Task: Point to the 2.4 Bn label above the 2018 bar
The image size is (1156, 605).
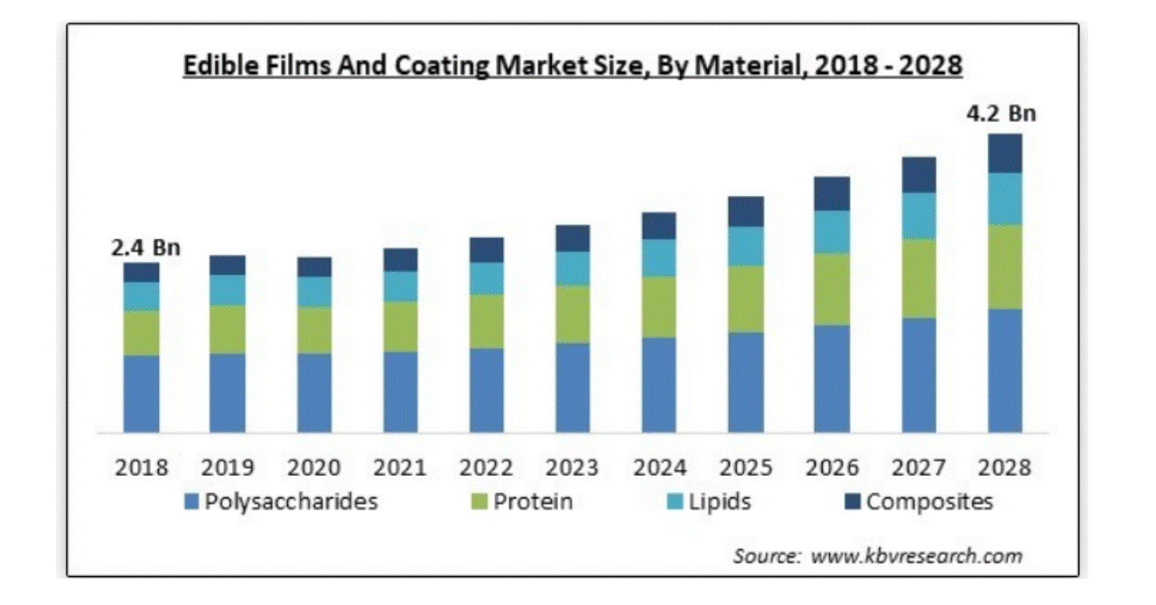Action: (145, 247)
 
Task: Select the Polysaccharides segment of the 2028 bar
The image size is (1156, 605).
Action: (1004, 370)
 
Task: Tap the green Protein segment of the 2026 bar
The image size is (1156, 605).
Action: (832, 289)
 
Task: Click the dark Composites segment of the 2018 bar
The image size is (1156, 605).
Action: (142, 272)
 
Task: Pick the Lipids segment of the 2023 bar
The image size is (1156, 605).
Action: (573, 268)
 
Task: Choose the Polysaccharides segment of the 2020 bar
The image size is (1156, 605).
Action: (314, 392)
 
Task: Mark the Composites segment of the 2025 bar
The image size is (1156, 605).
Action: (746, 211)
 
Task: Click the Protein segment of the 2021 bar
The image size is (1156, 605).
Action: (400, 326)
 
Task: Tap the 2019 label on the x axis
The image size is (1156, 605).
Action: (228, 468)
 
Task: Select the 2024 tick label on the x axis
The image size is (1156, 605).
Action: (660, 468)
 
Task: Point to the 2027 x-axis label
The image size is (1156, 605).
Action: (918, 468)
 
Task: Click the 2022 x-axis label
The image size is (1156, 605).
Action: (487, 468)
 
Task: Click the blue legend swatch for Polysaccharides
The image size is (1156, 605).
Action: (191, 502)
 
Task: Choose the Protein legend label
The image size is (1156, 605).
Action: (532, 501)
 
